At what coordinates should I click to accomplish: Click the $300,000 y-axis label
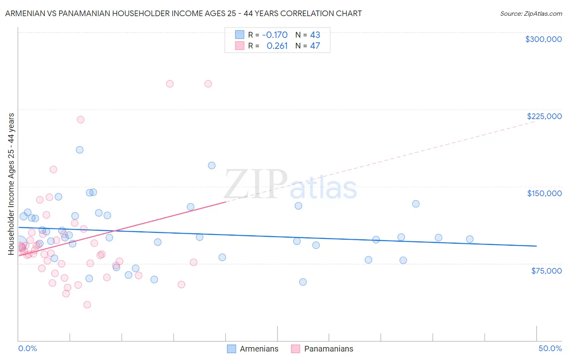click(x=543, y=39)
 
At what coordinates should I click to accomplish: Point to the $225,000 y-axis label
click(x=544, y=116)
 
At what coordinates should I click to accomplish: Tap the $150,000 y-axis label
click(x=544, y=193)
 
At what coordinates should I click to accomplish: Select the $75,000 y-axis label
click(x=546, y=271)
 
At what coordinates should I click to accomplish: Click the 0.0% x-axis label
click(x=27, y=348)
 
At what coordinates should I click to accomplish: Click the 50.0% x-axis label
click(x=550, y=348)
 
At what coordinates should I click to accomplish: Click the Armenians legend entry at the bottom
click(x=259, y=349)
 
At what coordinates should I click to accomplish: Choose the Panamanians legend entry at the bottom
click(x=328, y=349)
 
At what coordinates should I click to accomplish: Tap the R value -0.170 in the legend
click(x=275, y=35)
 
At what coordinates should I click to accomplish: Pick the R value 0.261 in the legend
click(x=277, y=46)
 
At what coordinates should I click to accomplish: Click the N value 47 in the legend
click(x=315, y=46)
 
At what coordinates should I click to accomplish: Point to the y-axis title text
click(x=11, y=184)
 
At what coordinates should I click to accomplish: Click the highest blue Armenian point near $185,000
click(x=79, y=150)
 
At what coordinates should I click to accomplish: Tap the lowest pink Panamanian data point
click(x=87, y=305)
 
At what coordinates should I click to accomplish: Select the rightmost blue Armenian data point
click(x=469, y=239)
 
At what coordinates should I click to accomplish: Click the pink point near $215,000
click(x=81, y=119)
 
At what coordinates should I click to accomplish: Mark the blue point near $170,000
click(x=211, y=165)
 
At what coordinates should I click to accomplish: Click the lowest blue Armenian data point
click(x=303, y=282)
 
